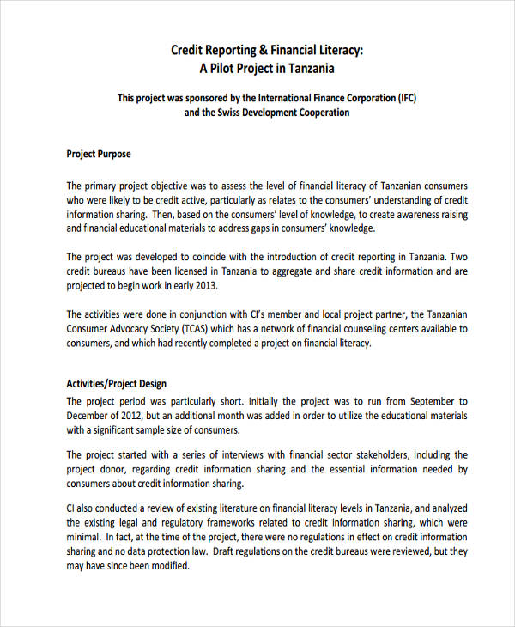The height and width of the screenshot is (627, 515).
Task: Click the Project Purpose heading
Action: click(x=99, y=155)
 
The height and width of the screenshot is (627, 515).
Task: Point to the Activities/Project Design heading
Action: click(x=117, y=384)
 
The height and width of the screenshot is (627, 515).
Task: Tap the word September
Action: click(x=434, y=400)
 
